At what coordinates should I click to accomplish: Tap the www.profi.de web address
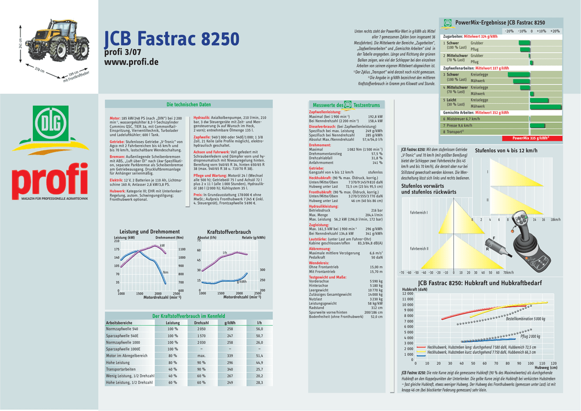[131, 61]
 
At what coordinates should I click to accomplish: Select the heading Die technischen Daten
[188, 104]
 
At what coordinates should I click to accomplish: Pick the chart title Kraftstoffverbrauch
[229, 232]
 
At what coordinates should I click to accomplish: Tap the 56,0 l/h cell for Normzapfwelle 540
[259, 329]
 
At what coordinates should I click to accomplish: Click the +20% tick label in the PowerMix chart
[555, 31]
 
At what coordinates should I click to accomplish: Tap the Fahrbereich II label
[419, 249]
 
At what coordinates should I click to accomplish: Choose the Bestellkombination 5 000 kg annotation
[525, 319]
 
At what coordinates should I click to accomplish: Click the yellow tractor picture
[57, 40]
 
